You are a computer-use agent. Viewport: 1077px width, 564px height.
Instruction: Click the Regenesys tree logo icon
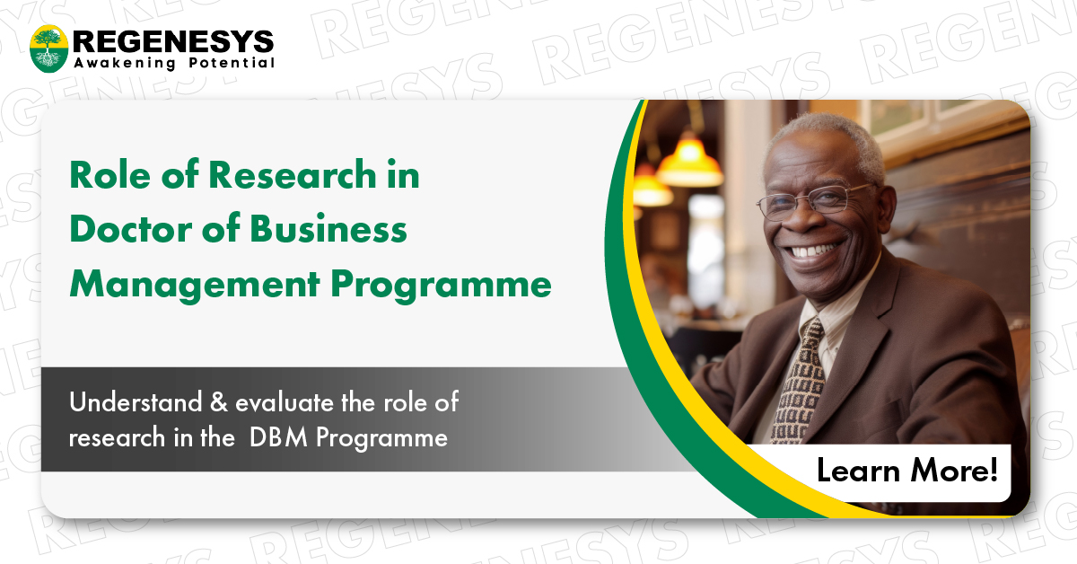pos(48,48)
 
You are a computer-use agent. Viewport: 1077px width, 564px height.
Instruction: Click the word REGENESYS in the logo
pos(173,40)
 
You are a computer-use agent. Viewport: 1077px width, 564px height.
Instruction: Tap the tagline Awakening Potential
pos(173,64)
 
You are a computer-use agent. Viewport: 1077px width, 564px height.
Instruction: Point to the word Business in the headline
pos(328,231)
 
